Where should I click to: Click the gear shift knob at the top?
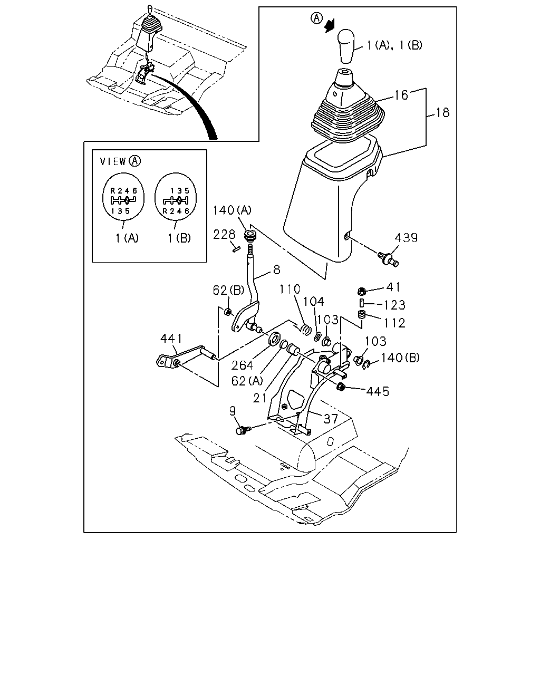click(x=346, y=46)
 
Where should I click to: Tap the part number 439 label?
click(x=406, y=238)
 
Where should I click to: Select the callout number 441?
click(x=171, y=339)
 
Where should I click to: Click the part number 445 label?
click(x=378, y=391)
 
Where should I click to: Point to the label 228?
click(x=224, y=234)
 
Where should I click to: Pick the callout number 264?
click(x=242, y=365)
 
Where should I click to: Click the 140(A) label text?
click(x=232, y=210)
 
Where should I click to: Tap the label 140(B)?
click(x=400, y=358)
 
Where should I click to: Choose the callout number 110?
click(x=290, y=289)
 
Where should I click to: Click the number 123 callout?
click(x=395, y=305)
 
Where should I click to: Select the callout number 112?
click(x=395, y=323)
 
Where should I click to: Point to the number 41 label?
click(x=393, y=287)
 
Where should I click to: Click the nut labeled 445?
click(x=340, y=387)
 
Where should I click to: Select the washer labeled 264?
click(x=275, y=339)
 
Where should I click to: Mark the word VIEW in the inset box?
click(x=113, y=161)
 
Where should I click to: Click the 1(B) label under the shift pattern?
click(x=179, y=238)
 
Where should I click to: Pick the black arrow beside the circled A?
click(x=330, y=26)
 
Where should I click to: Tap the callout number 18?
click(x=443, y=113)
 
